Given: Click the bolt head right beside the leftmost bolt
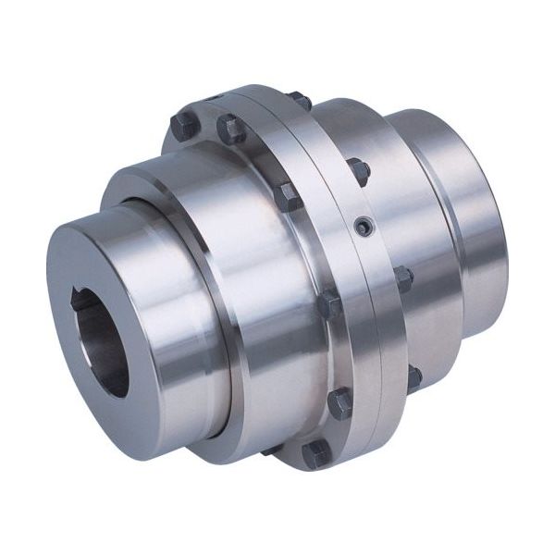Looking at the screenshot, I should (x=230, y=129).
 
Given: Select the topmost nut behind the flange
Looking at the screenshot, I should (x=299, y=99).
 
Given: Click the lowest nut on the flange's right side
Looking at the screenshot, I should (x=413, y=376).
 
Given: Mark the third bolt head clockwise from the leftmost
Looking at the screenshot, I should (x=287, y=196).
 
